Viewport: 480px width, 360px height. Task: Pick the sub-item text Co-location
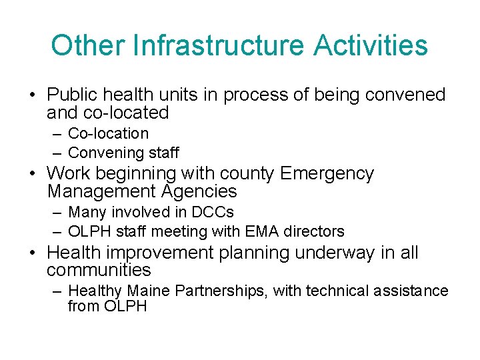[x=108, y=133]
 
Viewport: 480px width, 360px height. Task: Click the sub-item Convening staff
[x=123, y=153]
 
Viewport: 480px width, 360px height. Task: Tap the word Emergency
[x=327, y=174]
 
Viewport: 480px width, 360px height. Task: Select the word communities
[x=99, y=270]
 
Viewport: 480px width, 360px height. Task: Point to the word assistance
[x=413, y=291]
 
